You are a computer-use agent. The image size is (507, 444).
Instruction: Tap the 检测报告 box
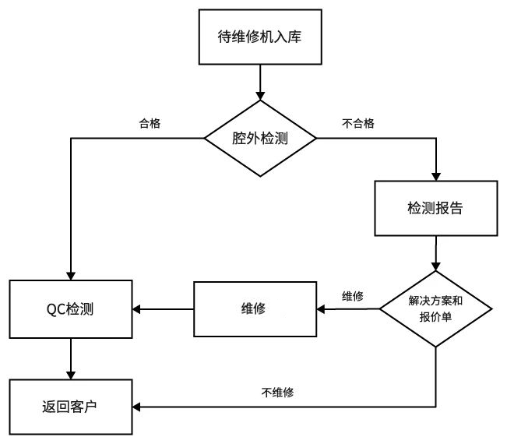pos(435,208)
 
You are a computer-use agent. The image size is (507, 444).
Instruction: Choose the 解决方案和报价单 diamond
pos(435,309)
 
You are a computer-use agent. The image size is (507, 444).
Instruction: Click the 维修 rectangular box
pos(255,309)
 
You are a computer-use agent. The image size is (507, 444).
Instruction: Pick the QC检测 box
pos(71,309)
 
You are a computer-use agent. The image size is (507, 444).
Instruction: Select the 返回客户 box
pos(71,407)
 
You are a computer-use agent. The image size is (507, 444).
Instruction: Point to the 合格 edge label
pos(150,123)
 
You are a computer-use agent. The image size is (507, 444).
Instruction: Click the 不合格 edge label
pos(358,123)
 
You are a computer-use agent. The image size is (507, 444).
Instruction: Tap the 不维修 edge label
pos(276,393)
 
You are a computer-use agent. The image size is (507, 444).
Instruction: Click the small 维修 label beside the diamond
pos(352,296)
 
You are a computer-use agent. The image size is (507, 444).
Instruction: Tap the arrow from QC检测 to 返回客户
pos(71,359)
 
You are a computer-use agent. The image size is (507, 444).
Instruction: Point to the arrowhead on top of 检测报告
pos(435,176)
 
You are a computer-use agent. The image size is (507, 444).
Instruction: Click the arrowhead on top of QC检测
pos(71,274)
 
